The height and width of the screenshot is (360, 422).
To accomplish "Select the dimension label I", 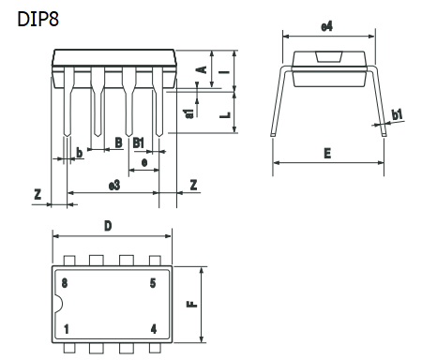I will coord(222,70).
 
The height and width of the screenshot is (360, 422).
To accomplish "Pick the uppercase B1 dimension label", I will coord(138,142).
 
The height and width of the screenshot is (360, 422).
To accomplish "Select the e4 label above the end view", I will coord(326,26).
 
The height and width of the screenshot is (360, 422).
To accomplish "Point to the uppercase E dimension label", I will coord(327,153).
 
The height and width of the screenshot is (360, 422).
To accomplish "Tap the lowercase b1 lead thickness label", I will coord(398,114).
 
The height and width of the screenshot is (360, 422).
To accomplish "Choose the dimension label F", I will coord(189,306).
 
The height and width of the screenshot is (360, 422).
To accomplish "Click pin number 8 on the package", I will coord(65,282).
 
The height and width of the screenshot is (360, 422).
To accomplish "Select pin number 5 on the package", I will coord(153,282).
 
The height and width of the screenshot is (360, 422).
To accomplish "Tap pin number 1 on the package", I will coord(66,329).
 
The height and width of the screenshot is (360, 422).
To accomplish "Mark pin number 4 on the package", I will coord(153,329).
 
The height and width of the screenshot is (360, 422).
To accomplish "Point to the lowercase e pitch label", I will coord(143,162).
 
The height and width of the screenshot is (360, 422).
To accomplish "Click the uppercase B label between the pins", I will coord(117,142).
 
